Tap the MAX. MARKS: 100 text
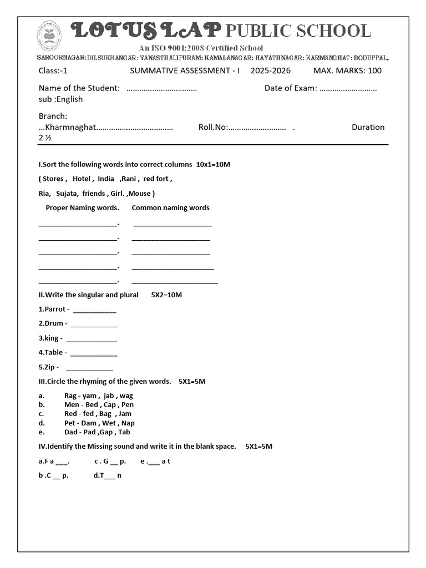pos(347,70)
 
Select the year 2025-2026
pos(270,70)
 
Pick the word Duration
pos(368,127)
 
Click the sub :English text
pos(60,99)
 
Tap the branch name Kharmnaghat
pos(69,127)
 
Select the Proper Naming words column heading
pos(82,208)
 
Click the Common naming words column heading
pos(170,208)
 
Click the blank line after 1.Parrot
pos(95,310)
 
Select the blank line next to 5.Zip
pos(89,367)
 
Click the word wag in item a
pos(126,396)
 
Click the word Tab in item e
pos(125,432)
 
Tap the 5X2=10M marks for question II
pos(166,295)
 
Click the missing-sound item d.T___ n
pos(107,475)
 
